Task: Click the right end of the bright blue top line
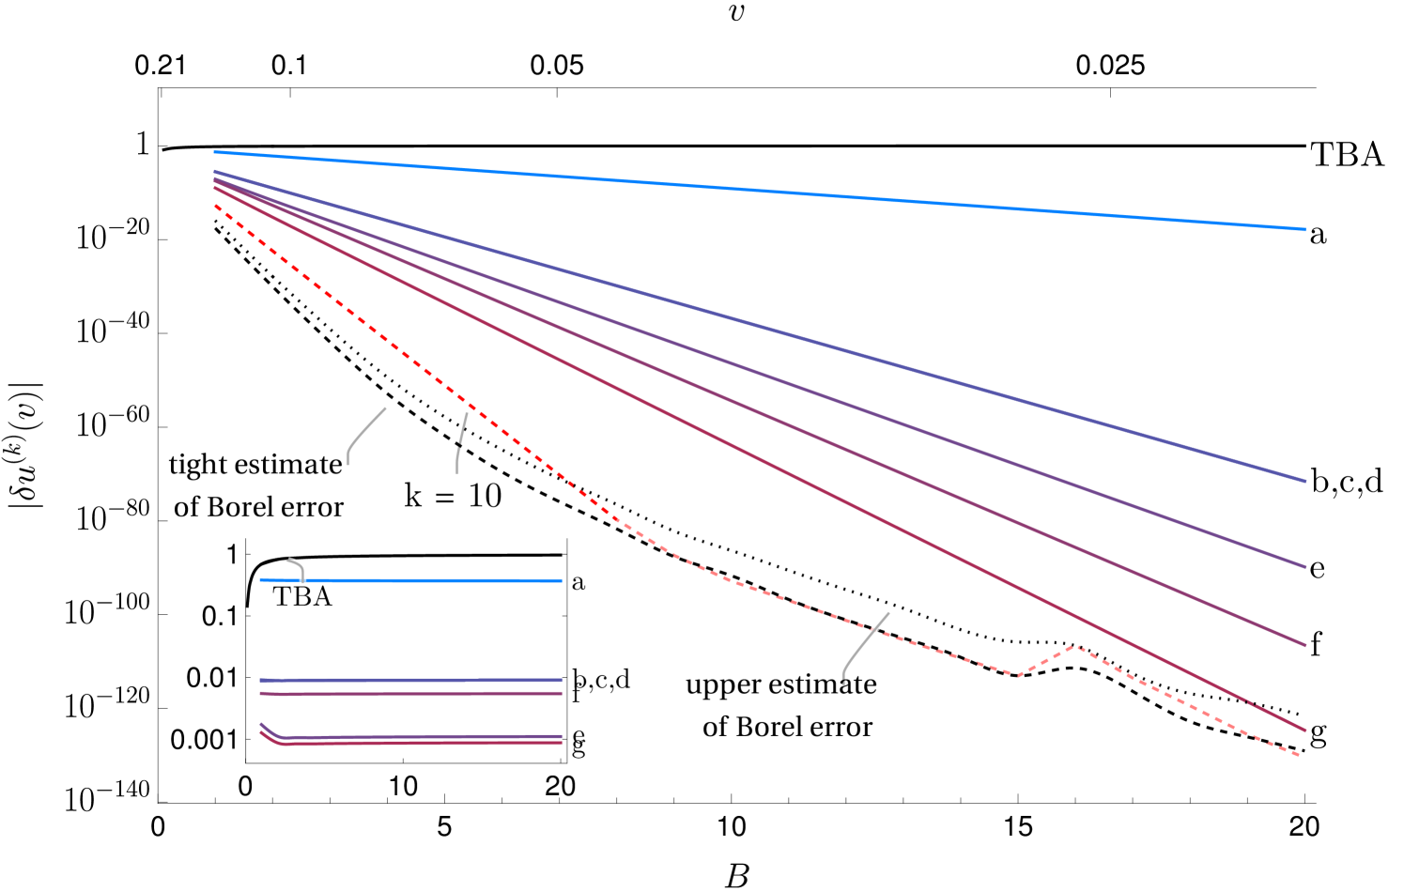tap(1304, 229)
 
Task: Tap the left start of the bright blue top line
tap(215, 152)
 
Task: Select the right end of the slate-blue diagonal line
tap(1304, 481)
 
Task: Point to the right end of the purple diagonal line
tap(1304, 566)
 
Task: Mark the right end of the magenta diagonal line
tap(1304, 645)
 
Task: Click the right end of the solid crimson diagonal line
tap(1304, 730)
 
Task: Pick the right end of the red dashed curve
tap(1300, 755)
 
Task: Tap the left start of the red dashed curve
tap(216, 206)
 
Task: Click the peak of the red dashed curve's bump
tap(1075, 646)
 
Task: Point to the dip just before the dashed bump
tap(1014, 674)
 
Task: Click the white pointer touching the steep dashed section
tap(460, 441)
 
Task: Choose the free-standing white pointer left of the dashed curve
tap(364, 434)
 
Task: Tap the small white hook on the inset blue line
tap(299, 569)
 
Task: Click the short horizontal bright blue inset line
tap(410, 580)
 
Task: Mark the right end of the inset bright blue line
tap(561, 580)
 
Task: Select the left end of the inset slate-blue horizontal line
tap(261, 680)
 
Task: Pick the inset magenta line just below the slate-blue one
tap(410, 694)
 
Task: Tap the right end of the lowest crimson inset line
tap(561, 743)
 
